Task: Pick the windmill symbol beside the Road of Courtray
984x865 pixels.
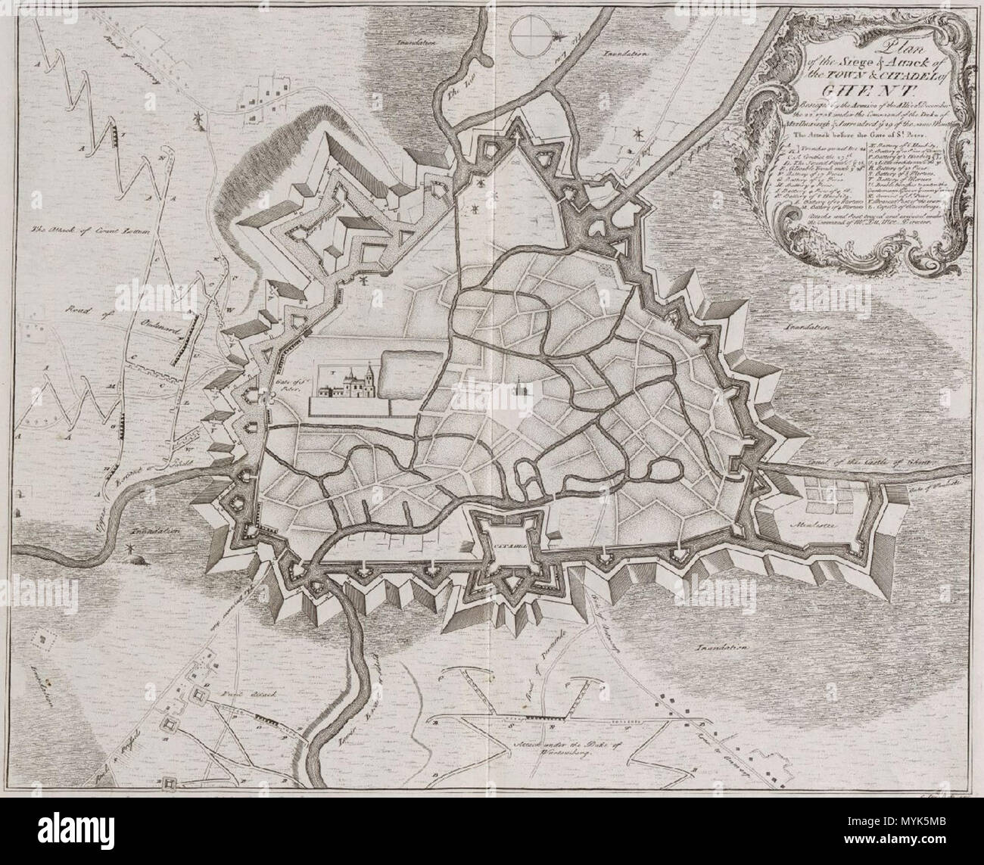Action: coord(199,120)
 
